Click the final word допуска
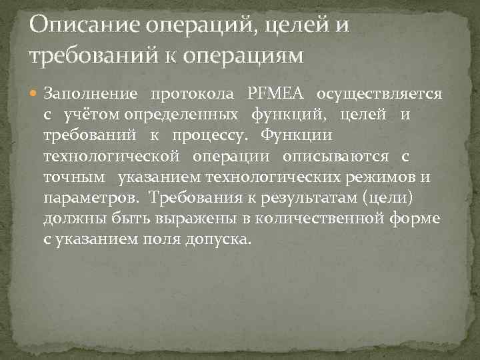tap(220, 239)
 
